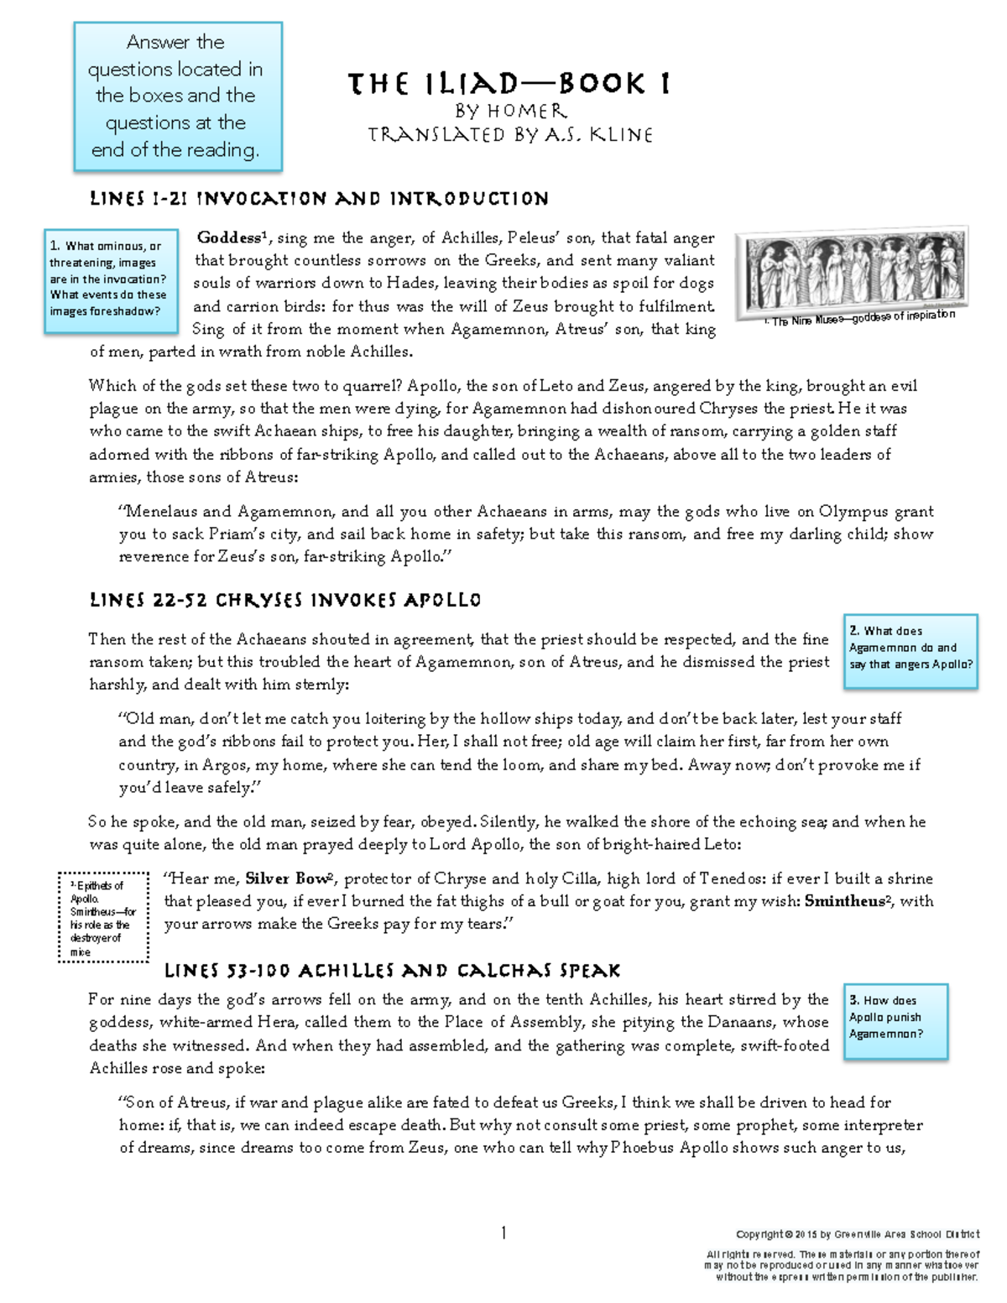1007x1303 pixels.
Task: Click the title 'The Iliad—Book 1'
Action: (x=509, y=84)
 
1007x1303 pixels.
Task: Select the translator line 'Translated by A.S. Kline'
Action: (x=510, y=134)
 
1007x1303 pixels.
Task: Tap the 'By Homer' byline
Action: (x=510, y=111)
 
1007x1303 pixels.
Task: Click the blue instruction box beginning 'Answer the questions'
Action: (x=177, y=96)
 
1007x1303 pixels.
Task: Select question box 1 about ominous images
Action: (x=111, y=279)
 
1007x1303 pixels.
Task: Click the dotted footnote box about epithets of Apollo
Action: (x=103, y=916)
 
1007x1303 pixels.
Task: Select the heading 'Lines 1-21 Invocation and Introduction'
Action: (x=319, y=199)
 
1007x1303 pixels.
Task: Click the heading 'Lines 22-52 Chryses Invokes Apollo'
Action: (x=285, y=601)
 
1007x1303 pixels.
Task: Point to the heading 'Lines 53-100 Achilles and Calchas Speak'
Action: (x=392, y=971)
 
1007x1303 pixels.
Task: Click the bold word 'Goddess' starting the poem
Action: (x=228, y=238)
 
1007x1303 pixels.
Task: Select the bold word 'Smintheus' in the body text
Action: (x=846, y=902)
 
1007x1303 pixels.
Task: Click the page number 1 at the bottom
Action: (x=503, y=1233)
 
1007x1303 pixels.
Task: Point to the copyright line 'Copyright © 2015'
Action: (x=857, y=1234)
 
